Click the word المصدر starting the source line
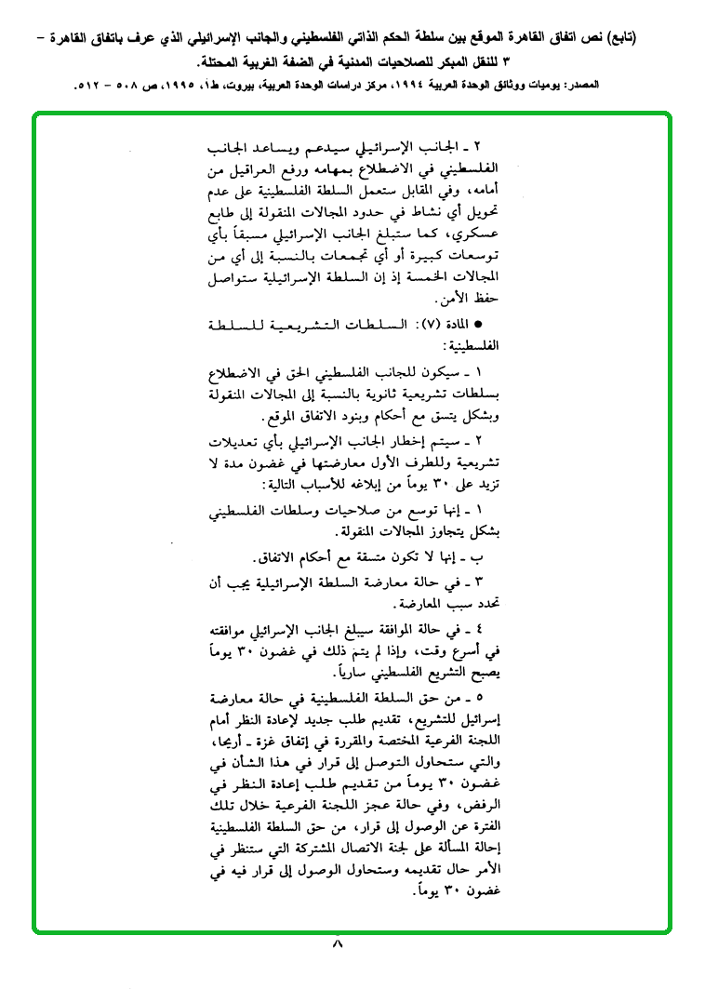pos(579,85)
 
